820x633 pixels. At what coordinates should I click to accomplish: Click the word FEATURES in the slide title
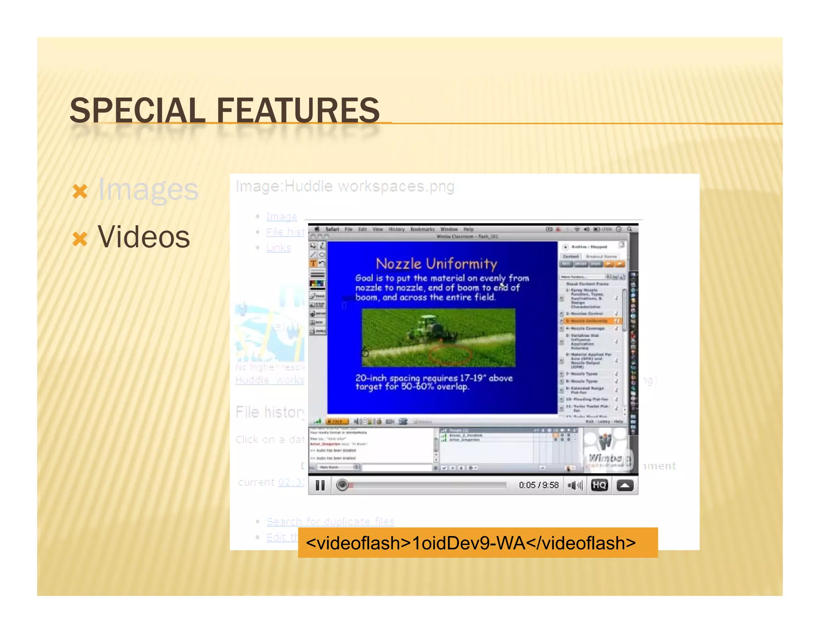click(298, 111)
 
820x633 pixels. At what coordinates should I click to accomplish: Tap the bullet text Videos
click(143, 237)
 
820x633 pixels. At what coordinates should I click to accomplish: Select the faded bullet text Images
click(148, 190)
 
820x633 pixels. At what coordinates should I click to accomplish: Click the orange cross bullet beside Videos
click(80, 239)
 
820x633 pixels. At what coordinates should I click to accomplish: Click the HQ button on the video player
click(599, 485)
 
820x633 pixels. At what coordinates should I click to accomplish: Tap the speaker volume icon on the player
click(575, 485)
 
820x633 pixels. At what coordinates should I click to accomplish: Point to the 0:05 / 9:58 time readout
click(538, 485)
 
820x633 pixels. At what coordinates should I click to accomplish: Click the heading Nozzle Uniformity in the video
click(436, 264)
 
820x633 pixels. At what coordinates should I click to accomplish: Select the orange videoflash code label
click(470, 543)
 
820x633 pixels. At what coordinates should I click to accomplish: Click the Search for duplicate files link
click(330, 521)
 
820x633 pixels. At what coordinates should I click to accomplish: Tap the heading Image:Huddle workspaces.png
click(345, 186)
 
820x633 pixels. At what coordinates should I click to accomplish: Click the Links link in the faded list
click(278, 248)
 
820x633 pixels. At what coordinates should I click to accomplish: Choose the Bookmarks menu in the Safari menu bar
click(422, 229)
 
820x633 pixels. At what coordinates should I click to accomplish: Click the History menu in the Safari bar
click(396, 229)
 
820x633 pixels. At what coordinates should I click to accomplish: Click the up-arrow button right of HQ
click(625, 485)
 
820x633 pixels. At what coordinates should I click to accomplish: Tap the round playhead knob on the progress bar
click(342, 485)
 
